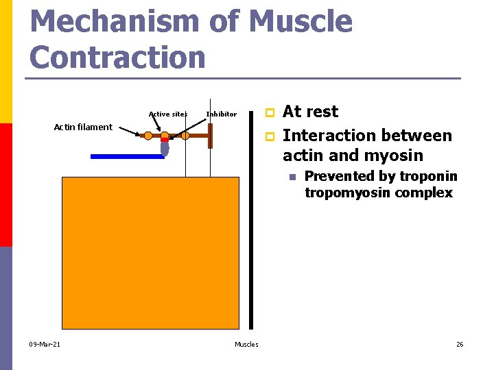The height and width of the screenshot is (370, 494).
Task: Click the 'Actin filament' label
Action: coord(83,127)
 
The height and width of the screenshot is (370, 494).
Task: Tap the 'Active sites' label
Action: coord(167,114)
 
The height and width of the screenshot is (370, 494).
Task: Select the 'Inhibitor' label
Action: coord(221,114)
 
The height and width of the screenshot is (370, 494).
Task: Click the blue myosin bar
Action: coord(127,156)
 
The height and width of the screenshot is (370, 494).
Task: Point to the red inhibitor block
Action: coord(165,140)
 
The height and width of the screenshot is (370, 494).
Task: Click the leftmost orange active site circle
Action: coord(148,136)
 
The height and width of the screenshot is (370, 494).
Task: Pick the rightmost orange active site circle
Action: coord(185,136)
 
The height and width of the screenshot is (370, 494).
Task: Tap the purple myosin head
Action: coord(165,149)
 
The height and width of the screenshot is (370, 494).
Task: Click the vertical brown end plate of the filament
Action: coord(211,136)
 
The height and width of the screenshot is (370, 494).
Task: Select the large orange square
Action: coord(150,253)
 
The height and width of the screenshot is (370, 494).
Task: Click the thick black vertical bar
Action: coord(251,219)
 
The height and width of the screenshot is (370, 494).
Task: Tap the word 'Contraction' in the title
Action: coord(118,57)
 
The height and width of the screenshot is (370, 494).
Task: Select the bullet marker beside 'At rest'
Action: coord(270,112)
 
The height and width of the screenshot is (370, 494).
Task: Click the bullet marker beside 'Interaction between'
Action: coord(270,136)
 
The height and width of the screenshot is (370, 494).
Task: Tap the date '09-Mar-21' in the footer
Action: coord(45,344)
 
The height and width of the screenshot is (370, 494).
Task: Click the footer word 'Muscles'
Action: coord(246,344)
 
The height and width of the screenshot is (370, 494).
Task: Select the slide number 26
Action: coord(460,344)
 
